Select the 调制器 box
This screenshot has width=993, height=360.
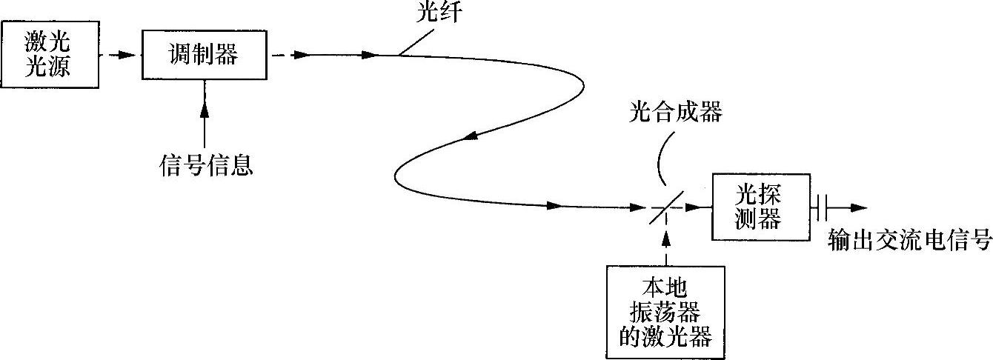coord(205,54)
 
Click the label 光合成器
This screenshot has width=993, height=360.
coord(674,113)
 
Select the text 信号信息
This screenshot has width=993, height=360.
coord(206,165)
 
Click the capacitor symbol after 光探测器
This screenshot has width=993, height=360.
coord(818,208)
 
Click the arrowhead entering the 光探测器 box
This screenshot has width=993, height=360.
coord(694,208)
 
